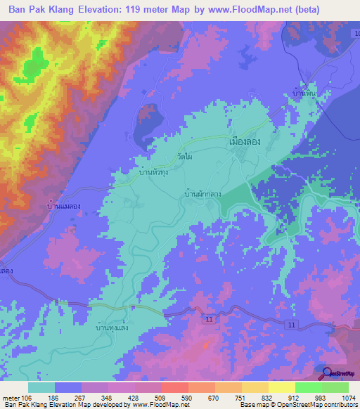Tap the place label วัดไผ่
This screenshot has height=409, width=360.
[x=185, y=157]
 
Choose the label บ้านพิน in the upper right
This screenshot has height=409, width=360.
[x=303, y=93]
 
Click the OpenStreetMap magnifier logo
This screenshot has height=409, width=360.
[x=326, y=372]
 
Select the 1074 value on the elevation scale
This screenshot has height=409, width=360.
[x=340, y=397]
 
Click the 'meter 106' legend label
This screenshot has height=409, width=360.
[x=15, y=397]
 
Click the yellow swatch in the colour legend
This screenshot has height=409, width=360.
[x=282, y=387]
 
